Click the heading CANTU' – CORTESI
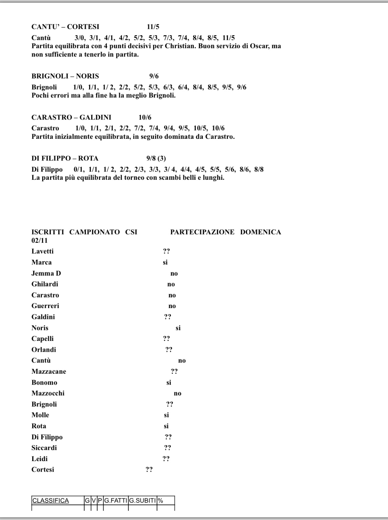click(65, 27)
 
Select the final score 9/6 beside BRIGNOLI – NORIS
click(154, 76)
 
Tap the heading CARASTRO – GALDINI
click(71, 117)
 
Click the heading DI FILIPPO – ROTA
click(65, 158)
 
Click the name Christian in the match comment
click(178, 46)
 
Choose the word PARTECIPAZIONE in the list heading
click(202, 232)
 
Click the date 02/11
click(40, 241)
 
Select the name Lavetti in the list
click(42, 252)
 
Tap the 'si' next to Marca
click(165, 262)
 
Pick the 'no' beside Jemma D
click(174, 274)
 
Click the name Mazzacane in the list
click(49, 372)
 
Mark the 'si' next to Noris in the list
click(178, 328)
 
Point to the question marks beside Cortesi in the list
click(149, 470)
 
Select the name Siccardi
click(44, 448)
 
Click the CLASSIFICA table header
click(50, 501)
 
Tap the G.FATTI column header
click(116, 501)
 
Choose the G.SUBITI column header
click(143, 501)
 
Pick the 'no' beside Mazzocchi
click(177, 393)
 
